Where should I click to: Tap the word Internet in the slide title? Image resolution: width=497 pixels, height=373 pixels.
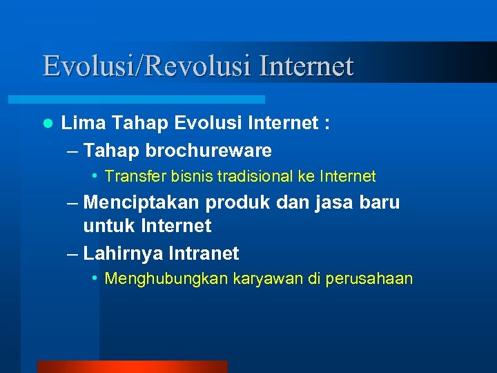(307, 66)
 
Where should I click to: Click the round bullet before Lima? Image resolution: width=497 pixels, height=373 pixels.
(47, 124)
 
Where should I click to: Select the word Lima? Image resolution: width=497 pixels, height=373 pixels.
(84, 124)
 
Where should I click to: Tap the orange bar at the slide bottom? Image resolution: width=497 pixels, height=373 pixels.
(131, 367)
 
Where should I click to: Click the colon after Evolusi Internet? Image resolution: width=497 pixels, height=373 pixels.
(324, 125)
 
